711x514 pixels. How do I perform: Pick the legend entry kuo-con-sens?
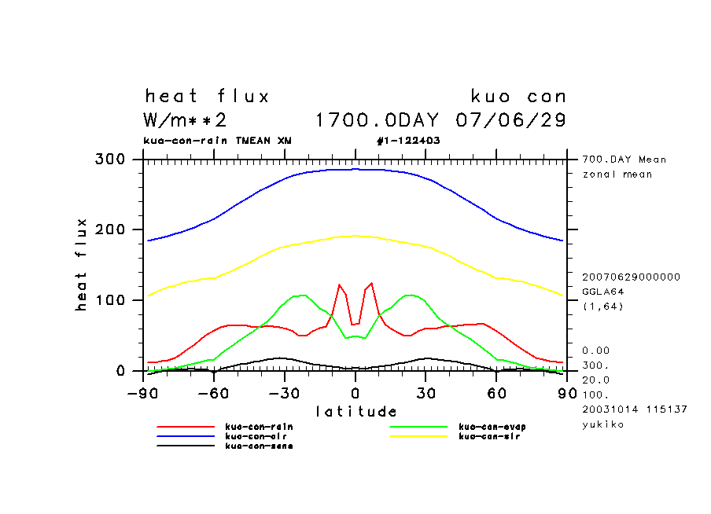coord(249,446)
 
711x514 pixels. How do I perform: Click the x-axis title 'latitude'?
coord(356,411)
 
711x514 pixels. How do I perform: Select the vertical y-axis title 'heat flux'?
coord(81,265)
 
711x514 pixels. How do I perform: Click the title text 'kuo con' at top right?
coord(518,97)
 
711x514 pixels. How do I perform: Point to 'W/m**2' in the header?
coord(186,120)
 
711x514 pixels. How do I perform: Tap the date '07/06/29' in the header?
coord(511,120)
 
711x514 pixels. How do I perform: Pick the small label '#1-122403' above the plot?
coord(408,141)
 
